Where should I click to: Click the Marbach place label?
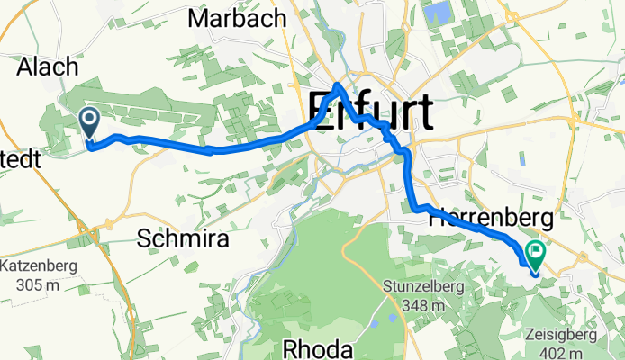238,18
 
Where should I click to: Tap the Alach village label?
47,67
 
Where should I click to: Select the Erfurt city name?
370,111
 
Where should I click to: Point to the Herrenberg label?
479,217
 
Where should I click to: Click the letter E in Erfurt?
322,111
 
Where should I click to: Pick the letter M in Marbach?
200,18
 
